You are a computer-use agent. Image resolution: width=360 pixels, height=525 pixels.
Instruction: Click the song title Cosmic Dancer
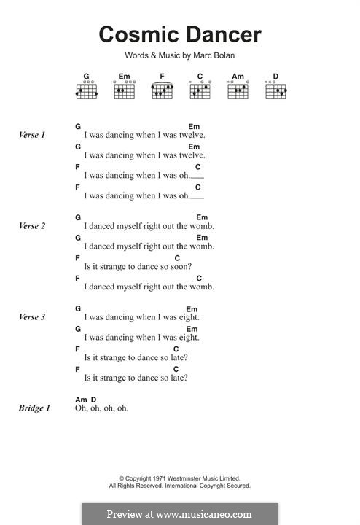[x=180, y=34]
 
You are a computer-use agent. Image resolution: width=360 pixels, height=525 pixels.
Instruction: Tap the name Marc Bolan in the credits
[x=214, y=55]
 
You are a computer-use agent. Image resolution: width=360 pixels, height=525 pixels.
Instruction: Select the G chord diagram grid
[x=87, y=91]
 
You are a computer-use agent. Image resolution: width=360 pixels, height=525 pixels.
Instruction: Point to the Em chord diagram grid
[x=125, y=91]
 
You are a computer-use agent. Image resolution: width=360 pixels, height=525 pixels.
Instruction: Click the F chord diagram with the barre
[x=163, y=90]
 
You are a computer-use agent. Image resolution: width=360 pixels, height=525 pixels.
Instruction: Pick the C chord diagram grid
[x=200, y=91]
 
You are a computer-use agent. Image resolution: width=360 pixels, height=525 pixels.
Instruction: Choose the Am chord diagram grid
[x=238, y=91]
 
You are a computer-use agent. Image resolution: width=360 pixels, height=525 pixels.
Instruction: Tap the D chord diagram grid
[x=276, y=91]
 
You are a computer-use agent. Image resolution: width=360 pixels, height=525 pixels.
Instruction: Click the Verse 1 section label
[x=32, y=135]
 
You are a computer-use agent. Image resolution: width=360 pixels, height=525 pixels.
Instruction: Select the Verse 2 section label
[x=32, y=226]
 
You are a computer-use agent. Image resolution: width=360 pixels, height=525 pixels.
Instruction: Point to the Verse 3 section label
[x=32, y=317]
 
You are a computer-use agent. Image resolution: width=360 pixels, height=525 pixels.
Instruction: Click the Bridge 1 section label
[x=34, y=408]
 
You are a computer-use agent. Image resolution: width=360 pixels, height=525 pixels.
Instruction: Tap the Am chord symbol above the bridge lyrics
[x=81, y=400]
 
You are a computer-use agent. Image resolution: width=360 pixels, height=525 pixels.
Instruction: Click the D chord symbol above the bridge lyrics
[x=94, y=400]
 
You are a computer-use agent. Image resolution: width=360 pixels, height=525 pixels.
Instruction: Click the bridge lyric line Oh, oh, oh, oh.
[x=102, y=408]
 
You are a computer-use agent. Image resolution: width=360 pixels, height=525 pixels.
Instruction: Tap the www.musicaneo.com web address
[x=204, y=514]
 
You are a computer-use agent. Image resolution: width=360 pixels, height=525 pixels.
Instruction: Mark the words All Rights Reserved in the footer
[x=136, y=486]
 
